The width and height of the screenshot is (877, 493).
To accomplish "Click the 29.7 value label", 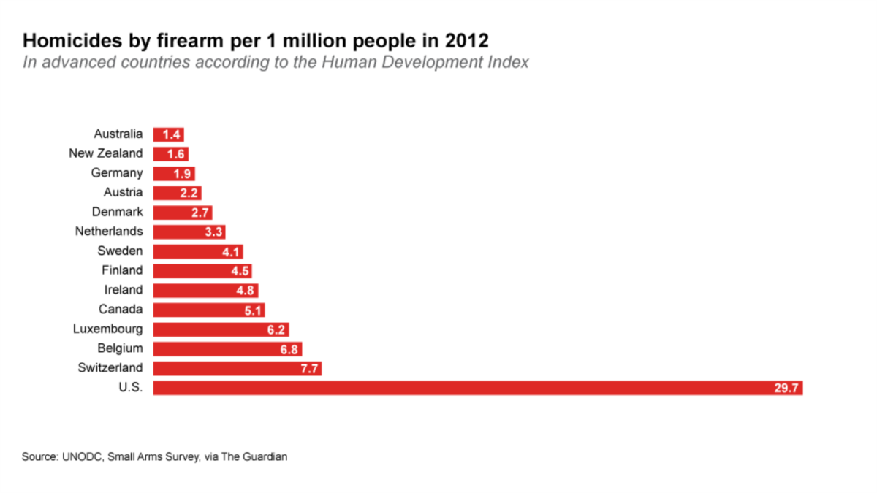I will [786, 388].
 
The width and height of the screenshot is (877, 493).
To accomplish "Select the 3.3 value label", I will [213, 232].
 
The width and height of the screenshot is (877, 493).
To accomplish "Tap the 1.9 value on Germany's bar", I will [183, 174].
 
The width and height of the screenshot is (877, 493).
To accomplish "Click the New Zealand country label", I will [106, 153].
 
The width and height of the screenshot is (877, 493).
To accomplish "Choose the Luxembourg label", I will [107, 329].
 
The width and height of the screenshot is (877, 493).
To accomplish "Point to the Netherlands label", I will [109, 232].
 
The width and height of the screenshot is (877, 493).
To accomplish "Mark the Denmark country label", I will [118, 212].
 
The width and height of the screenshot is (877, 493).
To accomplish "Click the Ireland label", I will [124, 290].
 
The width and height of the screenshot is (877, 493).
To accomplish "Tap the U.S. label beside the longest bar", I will [131, 387].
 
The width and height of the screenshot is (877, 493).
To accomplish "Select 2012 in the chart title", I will [468, 39].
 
